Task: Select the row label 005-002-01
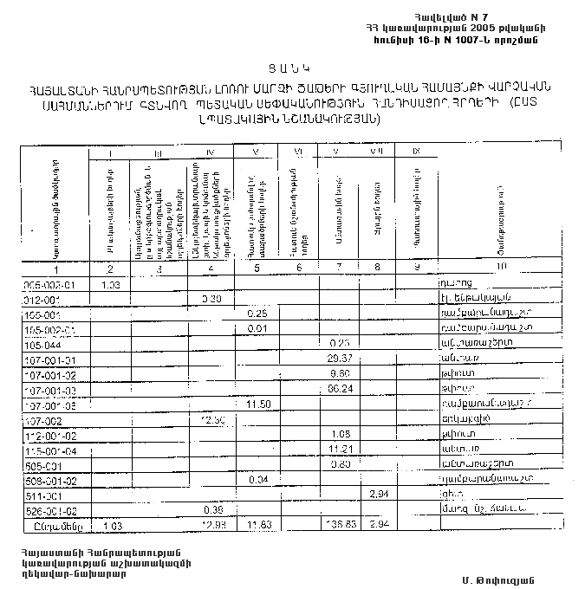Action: [51, 284]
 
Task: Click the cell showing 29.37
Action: [338, 358]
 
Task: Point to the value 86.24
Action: [338, 389]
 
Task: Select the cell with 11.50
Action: [259, 405]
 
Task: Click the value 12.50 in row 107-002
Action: [212, 419]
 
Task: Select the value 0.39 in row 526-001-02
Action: [211, 509]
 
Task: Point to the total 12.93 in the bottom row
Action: [211, 525]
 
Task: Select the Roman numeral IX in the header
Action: [416, 153]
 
